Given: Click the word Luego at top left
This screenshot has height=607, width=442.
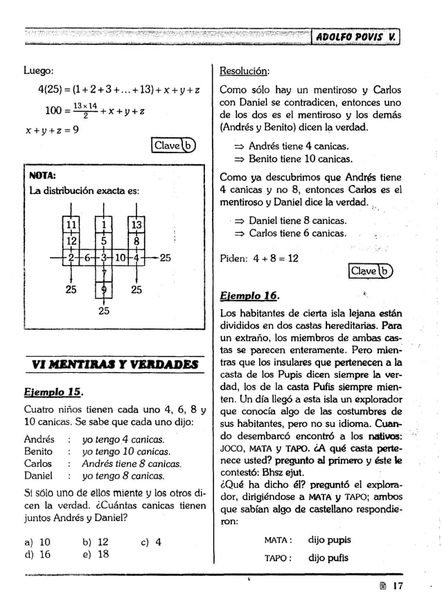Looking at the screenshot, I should click(39, 71).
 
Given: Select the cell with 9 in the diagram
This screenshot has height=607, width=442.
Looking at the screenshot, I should click(103, 290).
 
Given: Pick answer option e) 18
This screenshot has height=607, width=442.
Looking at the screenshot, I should click(96, 554).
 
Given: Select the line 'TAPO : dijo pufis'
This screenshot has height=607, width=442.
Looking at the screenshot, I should click(308, 558).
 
